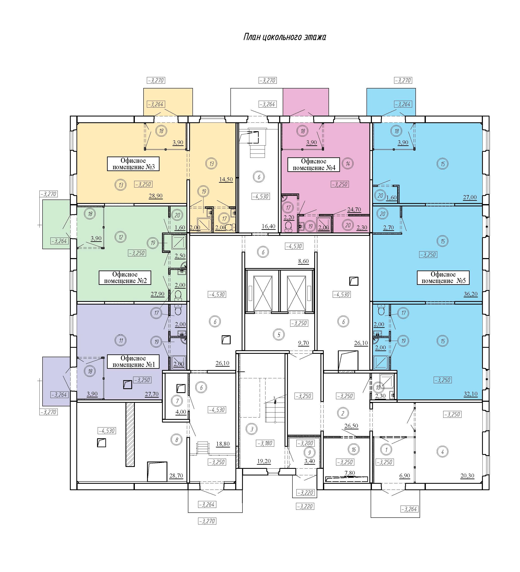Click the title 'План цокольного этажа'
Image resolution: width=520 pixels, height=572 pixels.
[285, 37]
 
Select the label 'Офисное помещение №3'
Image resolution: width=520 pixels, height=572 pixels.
[133, 164]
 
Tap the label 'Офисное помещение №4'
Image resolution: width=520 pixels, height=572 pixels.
[314, 165]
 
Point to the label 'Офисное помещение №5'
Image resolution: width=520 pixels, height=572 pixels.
[443, 278]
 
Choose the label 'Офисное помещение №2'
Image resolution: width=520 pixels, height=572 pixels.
[125, 278]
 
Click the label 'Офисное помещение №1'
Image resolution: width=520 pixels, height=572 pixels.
[133, 361]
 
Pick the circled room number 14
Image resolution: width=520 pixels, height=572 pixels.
[348, 164]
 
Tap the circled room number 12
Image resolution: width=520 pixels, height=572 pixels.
[121, 237]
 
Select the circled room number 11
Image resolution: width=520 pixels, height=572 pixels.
[121, 341]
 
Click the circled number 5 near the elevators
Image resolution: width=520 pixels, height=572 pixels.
[279, 335]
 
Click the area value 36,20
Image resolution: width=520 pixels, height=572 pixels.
[471, 294]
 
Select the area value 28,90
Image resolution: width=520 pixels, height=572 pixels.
[156, 196]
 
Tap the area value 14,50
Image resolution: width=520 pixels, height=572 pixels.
[226, 179]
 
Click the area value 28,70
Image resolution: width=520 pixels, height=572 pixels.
[176, 476]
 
